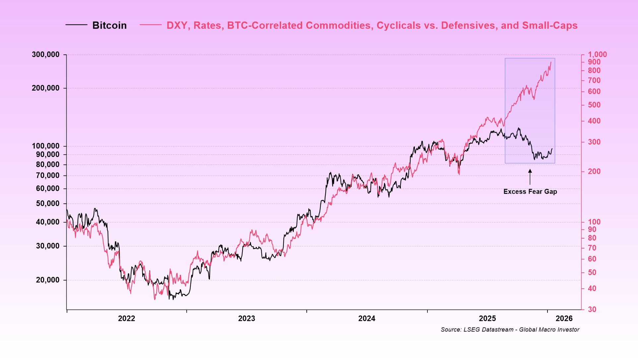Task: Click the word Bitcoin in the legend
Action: [x=109, y=26]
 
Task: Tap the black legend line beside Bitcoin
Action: [x=76, y=25]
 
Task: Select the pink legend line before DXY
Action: [x=150, y=25]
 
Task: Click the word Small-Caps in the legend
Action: [x=549, y=26]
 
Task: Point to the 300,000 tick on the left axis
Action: [x=46, y=55]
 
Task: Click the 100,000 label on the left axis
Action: [x=46, y=146]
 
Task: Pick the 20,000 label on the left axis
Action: [x=48, y=280]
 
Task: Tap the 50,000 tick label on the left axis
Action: [x=48, y=203]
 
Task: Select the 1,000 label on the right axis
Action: [x=597, y=54]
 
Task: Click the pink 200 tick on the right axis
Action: [x=594, y=172]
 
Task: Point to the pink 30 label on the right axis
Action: [x=592, y=309]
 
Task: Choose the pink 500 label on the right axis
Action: [x=594, y=105]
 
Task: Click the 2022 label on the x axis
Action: [x=126, y=319]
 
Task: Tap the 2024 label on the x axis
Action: [x=367, y=319]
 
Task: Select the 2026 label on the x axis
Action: [x=564, y=319]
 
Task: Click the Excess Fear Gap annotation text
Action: [x=530, y=191]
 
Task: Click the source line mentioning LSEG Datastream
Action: [x=510, y=329]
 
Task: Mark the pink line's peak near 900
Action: [x=551, y=62]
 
